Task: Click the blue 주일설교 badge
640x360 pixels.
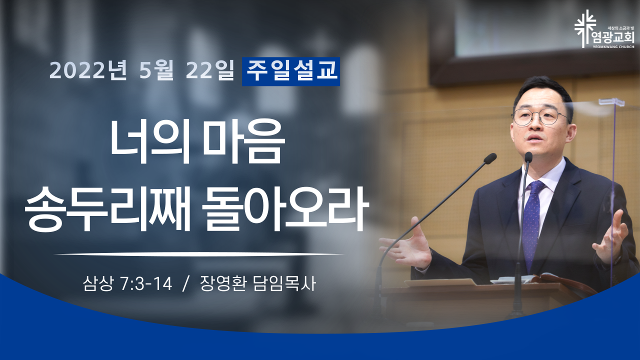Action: pos(291,71)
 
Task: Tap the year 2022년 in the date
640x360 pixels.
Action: pos(88,70)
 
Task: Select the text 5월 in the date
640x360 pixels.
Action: pos(156,70)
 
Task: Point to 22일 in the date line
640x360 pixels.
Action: pos(209,70)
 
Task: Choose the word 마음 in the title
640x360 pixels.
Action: pos(246,142)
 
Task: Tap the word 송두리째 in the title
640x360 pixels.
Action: pos(107,208)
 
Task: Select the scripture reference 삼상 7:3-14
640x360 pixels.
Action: pos(127,283)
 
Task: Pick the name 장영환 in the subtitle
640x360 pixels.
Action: pos(223,283)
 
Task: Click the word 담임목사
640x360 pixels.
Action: pos(284,283)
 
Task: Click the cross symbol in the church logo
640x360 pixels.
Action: pos(585,28)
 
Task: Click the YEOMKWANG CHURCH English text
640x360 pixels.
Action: pos(616,47)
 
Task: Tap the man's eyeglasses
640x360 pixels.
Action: pos(540,116)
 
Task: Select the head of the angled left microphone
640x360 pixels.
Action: pos(489,158)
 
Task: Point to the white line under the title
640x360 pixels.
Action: pos(199,254)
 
